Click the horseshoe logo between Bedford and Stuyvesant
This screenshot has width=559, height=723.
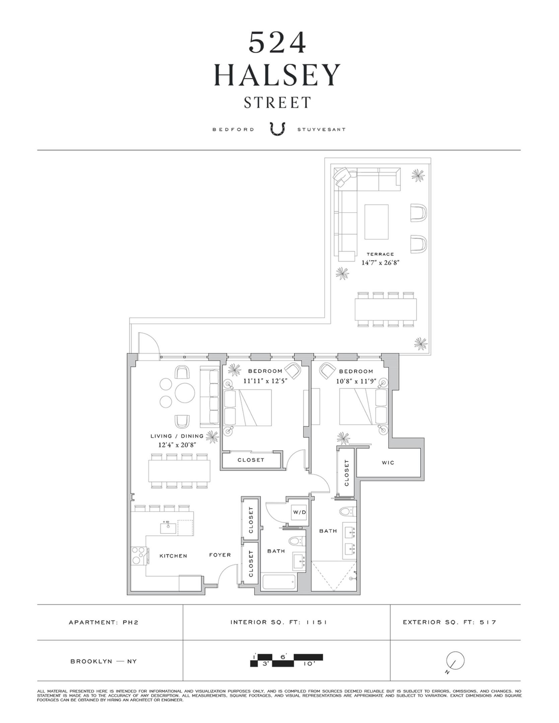pyautogui.click(x=278, y=129)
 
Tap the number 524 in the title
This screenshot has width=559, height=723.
pyautogui.click(x=278, y=43)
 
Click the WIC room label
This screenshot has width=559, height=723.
pyautogui.click(x=388, y=463)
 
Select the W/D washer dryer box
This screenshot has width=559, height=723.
pyautogui.click(x=299, y=512)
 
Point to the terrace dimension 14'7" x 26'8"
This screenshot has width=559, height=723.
pyautogui.click(x=380, y=263)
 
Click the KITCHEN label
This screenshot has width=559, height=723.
pyautogui.click(x=173, y=556)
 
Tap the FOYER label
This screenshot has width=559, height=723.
pyautogui.click(x=220, y=555)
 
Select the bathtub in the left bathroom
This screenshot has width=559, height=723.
pyautogui.click(x=279, y=582)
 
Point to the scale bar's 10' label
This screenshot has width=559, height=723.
pyautogui.click(x=309, y=664)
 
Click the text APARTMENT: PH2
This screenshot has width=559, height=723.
pyautogui.click(x=103, y=623)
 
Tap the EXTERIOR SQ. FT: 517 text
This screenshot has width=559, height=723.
pyautogui.click(x=449, y=622)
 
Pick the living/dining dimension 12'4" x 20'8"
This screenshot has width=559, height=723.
pyautogui.click(x=177, y=445)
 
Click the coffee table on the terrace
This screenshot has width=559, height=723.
pyautogui.click(x=376, y=222)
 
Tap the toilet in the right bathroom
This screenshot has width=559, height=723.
pyautogui.click(x=347, y=511)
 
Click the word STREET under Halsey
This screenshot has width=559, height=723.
pyautogui.click(x=278, y=102)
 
